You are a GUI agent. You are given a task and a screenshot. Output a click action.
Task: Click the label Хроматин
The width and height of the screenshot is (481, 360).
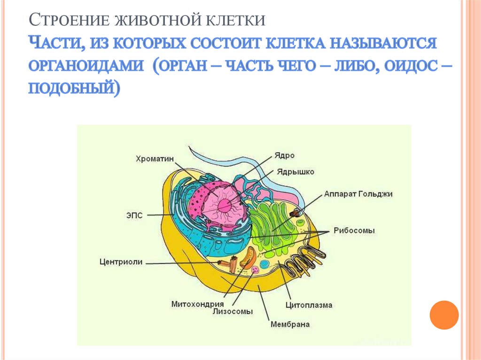[155, 159]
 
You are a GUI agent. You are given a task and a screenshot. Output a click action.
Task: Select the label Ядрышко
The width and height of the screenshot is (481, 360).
[296, 172]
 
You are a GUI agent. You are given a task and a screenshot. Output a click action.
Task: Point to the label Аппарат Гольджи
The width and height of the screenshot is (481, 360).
[358, 193]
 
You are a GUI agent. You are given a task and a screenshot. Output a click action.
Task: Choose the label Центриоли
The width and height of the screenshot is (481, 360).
[121, 262]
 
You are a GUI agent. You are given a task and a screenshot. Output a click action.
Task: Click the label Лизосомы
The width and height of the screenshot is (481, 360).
[233, 312]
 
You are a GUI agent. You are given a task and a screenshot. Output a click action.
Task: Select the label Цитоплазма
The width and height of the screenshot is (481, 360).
[309, 305]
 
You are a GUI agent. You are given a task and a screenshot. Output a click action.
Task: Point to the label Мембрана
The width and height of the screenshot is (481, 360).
[290, 324]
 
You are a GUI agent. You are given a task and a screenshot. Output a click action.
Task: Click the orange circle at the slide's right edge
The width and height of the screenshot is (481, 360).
[444, 314]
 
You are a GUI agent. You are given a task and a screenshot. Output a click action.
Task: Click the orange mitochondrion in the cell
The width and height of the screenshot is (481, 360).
[248, 257]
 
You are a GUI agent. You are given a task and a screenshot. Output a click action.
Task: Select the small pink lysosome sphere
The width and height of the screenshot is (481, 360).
[255, 270]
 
